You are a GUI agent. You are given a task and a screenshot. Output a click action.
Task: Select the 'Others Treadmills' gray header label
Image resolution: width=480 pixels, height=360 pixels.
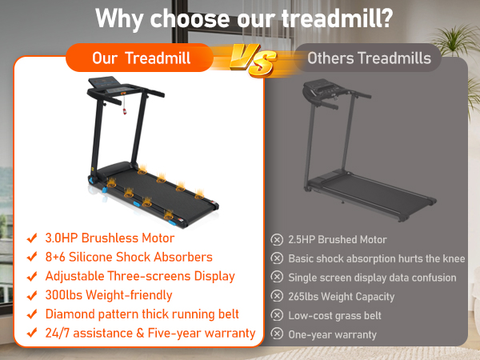point(369,58)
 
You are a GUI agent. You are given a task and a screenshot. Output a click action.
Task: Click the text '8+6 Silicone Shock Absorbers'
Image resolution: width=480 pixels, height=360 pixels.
point(130,257)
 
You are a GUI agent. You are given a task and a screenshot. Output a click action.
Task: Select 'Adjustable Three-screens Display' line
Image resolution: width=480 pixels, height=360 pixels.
point(140,276)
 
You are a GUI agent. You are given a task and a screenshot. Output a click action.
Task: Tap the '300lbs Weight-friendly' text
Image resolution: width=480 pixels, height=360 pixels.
point(110,295)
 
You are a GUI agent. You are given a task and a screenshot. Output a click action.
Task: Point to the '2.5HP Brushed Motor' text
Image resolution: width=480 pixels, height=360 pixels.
point(337,239)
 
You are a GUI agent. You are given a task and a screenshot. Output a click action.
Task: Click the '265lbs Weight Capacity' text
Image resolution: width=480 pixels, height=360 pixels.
point(342,297)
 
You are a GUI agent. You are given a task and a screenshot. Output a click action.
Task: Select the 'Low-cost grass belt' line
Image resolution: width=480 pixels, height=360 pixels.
point(334,315)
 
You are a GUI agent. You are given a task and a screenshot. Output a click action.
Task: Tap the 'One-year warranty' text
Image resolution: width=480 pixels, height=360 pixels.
point(332,334)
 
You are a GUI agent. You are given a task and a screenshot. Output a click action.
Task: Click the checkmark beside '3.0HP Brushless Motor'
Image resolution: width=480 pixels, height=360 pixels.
point(33,238)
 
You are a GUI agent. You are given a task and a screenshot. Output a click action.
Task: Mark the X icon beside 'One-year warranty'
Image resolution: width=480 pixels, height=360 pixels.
point(277,334)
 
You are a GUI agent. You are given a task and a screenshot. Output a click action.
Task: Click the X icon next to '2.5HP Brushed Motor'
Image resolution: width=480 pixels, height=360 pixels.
point(277,239)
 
